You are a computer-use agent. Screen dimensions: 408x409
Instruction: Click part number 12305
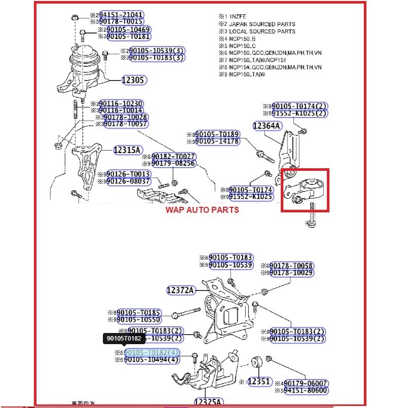(134, 80)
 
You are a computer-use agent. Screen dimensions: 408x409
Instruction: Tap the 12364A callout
(268, 125)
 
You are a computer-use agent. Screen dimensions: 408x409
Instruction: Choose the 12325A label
(208, 402)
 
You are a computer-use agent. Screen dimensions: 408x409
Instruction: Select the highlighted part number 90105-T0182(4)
(152, 353)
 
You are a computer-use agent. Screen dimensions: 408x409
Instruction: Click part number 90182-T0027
(173, 157)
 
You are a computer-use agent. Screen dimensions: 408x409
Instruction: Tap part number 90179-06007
(306, 383)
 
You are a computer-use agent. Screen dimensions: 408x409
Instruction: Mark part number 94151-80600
(306, 390)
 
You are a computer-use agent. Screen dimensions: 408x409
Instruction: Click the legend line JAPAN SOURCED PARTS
(262, 24)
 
